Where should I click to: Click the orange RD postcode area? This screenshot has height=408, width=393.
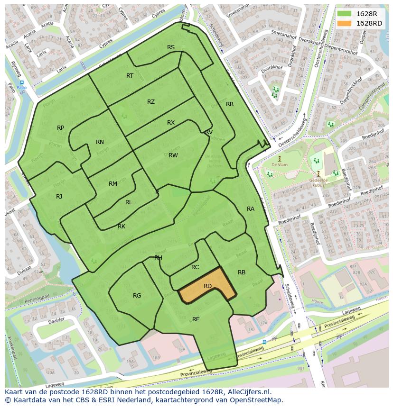click(207, 287)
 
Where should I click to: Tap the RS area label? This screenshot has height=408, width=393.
click(171, 47)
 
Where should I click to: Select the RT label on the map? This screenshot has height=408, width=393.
click(130, 76)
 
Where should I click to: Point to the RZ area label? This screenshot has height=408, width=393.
click(151, 102)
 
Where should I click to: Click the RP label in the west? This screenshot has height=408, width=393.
click(61, 128)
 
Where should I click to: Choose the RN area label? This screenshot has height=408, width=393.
click(100, 142)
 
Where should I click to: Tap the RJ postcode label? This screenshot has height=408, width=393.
click(59, 197)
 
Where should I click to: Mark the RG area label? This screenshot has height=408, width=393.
click(137, 296)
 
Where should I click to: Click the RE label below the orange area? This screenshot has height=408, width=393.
click(196, 319)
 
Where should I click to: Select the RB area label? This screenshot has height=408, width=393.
click(242, 272)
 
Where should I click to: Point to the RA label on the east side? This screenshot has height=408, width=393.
click(251, 209)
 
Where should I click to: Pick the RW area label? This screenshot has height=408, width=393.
click(173, 155)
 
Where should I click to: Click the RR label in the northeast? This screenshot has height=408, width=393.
click(230, 104)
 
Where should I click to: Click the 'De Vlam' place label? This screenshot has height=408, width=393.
click(280, 164)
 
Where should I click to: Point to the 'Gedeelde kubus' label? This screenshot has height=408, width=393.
click(318, 182)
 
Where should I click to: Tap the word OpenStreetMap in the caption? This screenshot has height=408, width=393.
click(259, 400)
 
